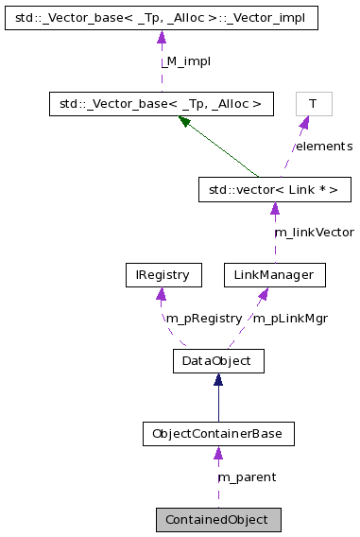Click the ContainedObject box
(217, 519)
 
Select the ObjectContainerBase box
(217, 434)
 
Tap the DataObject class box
(217, 360)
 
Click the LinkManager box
(274, 275)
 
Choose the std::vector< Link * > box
(274, 189)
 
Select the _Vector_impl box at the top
(160, 18)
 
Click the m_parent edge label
(247, 477)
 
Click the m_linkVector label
(314, 233)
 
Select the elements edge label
(323, 147)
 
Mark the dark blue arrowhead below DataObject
(217, 380)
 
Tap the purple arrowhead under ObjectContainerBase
(217, 454)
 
